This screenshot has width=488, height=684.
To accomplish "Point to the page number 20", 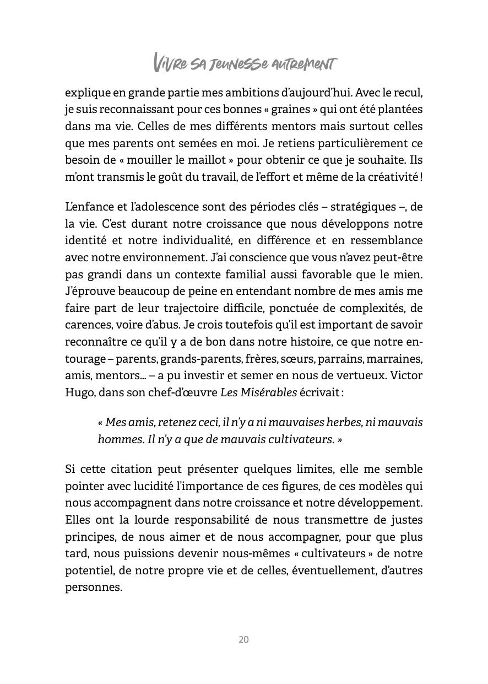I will (x=243, y=639).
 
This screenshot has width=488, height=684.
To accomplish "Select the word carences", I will (x=87, y=325).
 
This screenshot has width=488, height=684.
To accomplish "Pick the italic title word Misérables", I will (x=269, y=393).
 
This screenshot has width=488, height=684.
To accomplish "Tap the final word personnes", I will (x=93, y=587).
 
